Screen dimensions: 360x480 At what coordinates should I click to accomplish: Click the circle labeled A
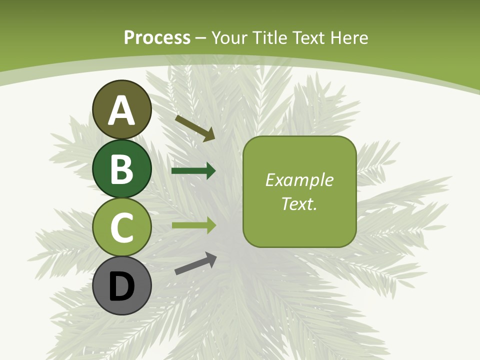122,109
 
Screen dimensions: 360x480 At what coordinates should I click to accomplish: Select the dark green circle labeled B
122,168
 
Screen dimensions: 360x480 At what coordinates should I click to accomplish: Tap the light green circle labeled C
122,227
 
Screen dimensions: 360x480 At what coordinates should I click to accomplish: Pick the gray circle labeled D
122,285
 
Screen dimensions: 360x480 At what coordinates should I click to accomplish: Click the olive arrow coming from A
195,128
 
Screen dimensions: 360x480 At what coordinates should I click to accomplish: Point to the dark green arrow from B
193,171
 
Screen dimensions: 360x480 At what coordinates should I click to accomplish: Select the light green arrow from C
193,225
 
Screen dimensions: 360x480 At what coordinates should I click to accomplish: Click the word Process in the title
157,37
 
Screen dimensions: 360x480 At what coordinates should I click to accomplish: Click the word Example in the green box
299,180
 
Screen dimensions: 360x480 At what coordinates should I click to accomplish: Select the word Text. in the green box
299,203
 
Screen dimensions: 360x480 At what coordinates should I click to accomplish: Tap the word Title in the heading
269,37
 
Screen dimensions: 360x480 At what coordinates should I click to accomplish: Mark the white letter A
122,110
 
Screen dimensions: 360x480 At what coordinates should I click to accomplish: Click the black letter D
122,287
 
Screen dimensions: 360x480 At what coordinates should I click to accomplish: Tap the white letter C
122,228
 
